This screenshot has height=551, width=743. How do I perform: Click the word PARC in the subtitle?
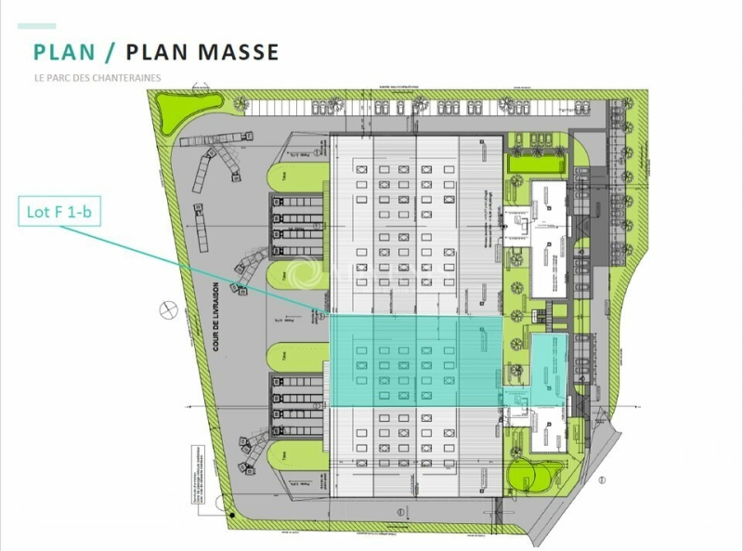(x=60, y=78)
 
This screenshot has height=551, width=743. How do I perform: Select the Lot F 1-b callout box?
(x=59, y=213)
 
